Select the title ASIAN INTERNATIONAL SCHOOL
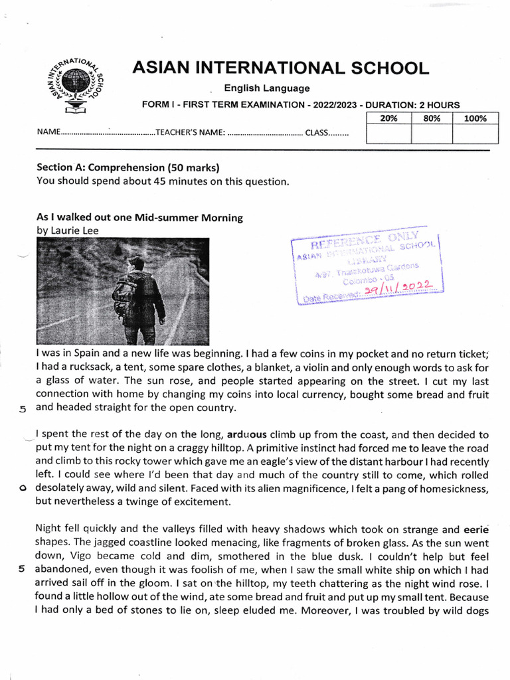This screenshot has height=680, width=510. click(x=280, y=68)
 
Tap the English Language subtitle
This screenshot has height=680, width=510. click(x=266, y=88)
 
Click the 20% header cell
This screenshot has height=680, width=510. click(x=388, y=118)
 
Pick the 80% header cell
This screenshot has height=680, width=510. click(x=432, y=118)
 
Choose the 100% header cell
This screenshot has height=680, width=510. click(x=475, y=118)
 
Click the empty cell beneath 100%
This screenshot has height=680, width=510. click(x=475, y=134)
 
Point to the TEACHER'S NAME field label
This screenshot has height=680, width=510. click(x=190, y=132)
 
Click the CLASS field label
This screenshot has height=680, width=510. click(x=317, y=132)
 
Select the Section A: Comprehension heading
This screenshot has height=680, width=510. click(x=127, y=167)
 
